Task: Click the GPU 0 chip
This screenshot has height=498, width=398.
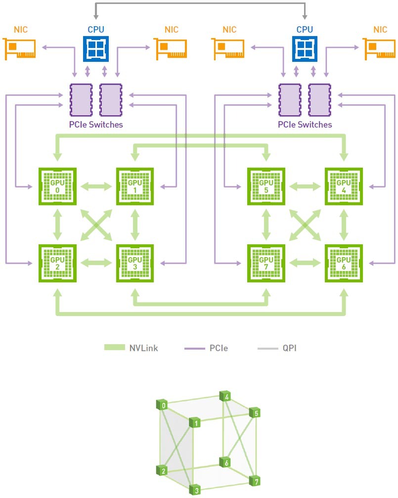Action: pos(57,186)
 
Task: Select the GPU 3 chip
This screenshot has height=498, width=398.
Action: pos(134,263)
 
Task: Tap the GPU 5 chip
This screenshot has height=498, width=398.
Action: pos(266,186)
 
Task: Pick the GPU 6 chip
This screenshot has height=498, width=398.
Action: pos(343,263)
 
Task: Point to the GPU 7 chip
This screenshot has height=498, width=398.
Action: pos(266,263)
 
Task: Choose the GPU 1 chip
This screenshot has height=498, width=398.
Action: pos(134,186)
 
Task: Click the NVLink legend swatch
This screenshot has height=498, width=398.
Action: pos(118,348)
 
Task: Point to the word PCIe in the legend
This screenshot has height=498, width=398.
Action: pos(219,348)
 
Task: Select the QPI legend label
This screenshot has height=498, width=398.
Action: pos(289,348)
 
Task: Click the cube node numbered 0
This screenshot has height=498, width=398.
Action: pos(163,407)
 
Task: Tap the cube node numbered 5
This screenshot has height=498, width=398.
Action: pos(254,412)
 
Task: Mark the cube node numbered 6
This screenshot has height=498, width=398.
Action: pos(226,462)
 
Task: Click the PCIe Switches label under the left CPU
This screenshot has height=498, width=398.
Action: pos(96,125)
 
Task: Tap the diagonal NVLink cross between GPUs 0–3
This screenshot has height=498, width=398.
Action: pos(96,225)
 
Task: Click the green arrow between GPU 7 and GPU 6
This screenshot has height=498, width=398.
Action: pos(305,263)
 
